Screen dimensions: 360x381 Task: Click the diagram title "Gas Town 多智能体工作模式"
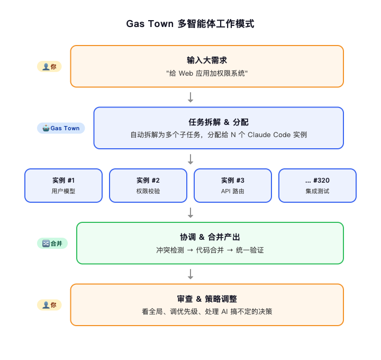point(190,24)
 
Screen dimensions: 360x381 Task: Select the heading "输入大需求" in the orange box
point(207,60)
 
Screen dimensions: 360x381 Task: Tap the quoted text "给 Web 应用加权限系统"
point(207,73)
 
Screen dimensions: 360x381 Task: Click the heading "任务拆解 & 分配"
point(218,121)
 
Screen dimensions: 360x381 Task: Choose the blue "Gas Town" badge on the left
point(61,128)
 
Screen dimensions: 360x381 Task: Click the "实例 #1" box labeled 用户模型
point(63,185)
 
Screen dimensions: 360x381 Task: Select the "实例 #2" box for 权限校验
point(148,185)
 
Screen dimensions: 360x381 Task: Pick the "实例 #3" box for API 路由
point(233,185)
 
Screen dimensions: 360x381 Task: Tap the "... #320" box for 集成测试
point(317,185)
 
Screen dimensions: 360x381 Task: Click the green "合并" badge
point(52,243)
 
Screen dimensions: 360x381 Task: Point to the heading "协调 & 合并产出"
point(210,237)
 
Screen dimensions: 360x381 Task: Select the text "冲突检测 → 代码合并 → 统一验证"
point(210,250)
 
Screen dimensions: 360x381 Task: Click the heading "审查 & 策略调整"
point(207,299)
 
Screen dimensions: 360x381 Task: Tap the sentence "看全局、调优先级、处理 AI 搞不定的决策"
point(207,312)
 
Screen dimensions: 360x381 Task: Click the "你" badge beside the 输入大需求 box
point(49,66)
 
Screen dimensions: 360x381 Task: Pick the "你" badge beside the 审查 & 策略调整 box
point(49,304)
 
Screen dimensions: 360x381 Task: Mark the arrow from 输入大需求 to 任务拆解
point(190,97)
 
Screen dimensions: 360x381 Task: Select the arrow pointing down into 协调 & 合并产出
point(190,212)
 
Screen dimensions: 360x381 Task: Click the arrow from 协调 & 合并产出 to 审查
point(190,274)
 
